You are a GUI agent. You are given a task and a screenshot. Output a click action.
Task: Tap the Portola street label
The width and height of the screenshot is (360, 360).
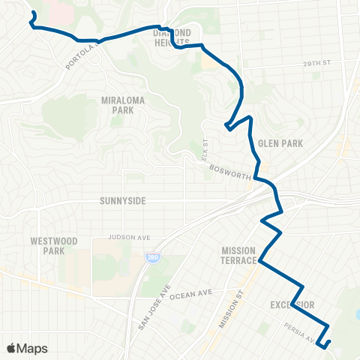point(82,56)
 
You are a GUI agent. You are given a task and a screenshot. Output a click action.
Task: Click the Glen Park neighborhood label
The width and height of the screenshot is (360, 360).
point(274,142)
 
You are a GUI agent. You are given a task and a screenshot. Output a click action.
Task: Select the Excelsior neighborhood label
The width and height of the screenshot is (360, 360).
point(292,304)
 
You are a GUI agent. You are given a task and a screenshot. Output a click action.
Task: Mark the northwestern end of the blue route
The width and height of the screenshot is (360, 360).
point(31,13)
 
